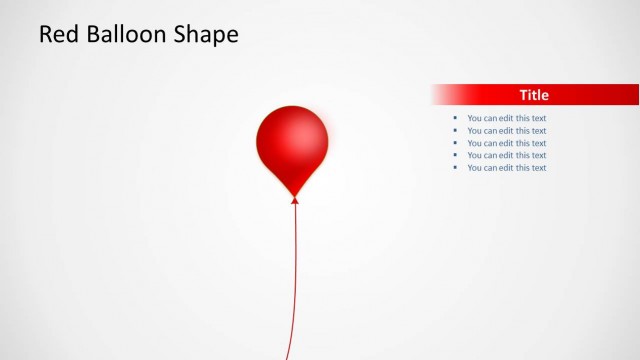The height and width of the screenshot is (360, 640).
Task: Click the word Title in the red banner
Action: coord(534,95)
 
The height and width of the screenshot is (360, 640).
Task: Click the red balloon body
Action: coord(292,140)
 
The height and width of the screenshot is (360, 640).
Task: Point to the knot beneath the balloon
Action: coord(295,200)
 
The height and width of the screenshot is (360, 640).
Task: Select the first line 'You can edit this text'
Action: coord(507,118)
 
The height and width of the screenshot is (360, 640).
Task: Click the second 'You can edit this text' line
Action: coord(507,131)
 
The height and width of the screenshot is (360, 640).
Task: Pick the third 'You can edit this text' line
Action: coord(507,143)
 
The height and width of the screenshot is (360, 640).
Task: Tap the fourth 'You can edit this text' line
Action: coord(507,155)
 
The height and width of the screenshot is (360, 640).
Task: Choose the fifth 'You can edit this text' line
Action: coord(507,168)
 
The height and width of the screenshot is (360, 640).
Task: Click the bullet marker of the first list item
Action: coord(455,118)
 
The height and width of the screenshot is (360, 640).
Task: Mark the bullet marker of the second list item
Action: coord(455,131)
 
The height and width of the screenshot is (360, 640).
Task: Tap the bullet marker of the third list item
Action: coord(455,143)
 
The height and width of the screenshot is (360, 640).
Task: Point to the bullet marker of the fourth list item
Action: coord(455,155)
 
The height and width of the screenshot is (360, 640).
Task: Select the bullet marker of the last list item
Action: coord(455,168)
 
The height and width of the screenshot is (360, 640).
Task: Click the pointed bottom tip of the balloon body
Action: coord(294,193)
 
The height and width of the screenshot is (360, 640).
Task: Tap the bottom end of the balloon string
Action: coord(287,357)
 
